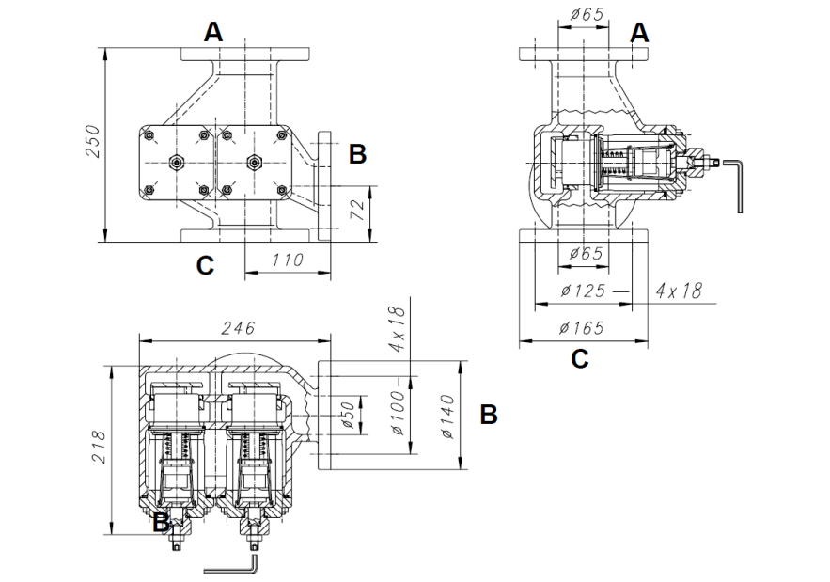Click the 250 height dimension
click(92, 142)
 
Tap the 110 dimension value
click(288, 260)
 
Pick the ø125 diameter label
click(586, 291)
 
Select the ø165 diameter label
click(583, 328)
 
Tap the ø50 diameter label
click(347, 415)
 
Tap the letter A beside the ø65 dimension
click(639, 33)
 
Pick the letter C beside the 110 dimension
click(205, 266)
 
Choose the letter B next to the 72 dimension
click(357, 154)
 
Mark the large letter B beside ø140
click(488, 414)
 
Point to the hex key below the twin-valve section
click(231, 567)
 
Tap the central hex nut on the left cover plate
click(176, 162)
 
